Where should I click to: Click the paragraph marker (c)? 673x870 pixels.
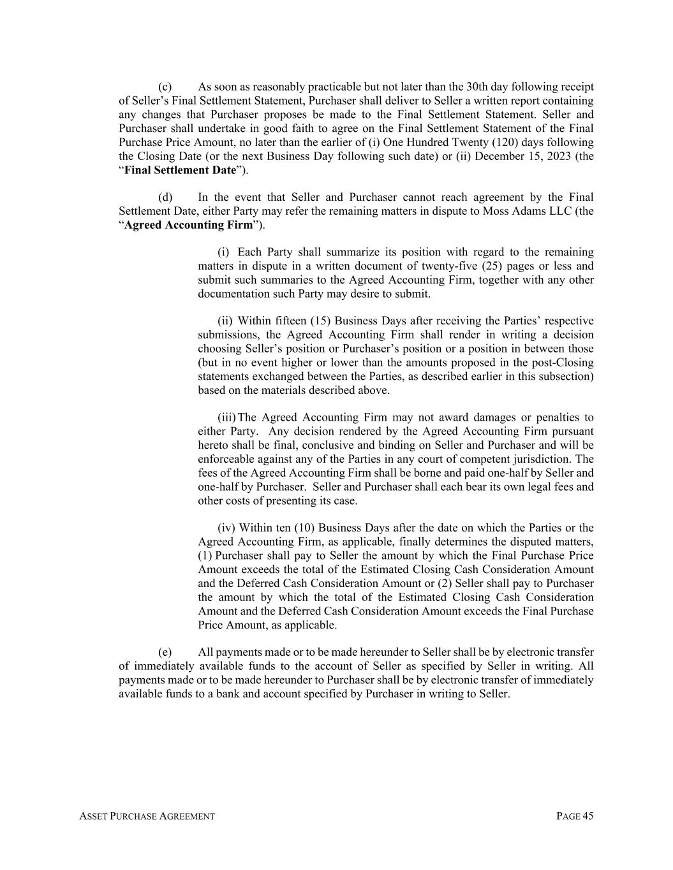[x=165, y=87]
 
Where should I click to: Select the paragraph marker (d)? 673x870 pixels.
[x=165, y=197]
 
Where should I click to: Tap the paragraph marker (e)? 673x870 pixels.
[x=165, y=652]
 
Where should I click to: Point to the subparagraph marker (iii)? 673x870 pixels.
[x=226, y=417]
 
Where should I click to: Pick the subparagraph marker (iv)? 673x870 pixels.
[x=226, y=528]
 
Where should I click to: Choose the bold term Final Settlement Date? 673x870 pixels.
[x=180, y=170]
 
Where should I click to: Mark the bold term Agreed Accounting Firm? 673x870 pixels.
[x=188, y=225]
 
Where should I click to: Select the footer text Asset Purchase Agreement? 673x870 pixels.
[x=147, y=816]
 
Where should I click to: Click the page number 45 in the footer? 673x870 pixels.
[x=588, y=816]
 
